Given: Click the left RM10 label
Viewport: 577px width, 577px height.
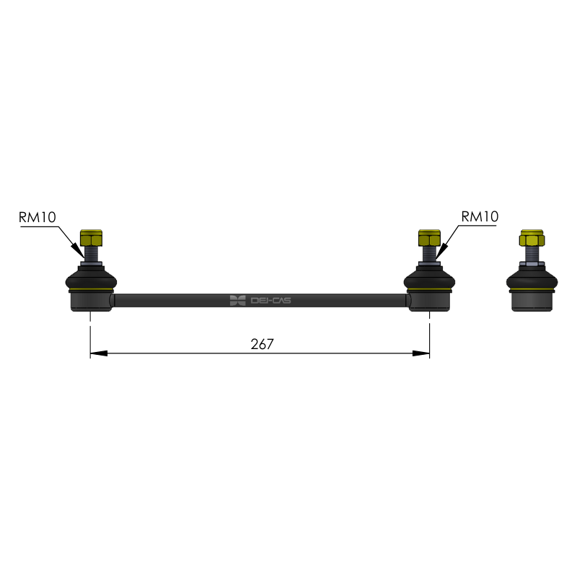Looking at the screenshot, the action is tap(38, 217).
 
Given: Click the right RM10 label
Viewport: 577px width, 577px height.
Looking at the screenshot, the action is tap(480, 216).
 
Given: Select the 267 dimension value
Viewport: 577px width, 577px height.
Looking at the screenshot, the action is tap(262, 344).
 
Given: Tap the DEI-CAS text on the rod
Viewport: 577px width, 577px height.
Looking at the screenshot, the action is tap(271, 301).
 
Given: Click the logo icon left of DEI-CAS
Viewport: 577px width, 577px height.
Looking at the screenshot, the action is tap(238, 301).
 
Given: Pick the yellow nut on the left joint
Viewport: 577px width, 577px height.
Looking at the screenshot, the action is tap(91, 238).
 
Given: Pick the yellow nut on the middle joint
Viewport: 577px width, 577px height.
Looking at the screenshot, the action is tap(429, 238).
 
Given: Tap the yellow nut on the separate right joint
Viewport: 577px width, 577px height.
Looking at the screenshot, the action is tap(532, 238).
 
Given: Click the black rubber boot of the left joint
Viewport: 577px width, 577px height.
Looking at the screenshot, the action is tap(92, 278).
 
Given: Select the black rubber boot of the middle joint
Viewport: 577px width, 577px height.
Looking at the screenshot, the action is tap(429, 278).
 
